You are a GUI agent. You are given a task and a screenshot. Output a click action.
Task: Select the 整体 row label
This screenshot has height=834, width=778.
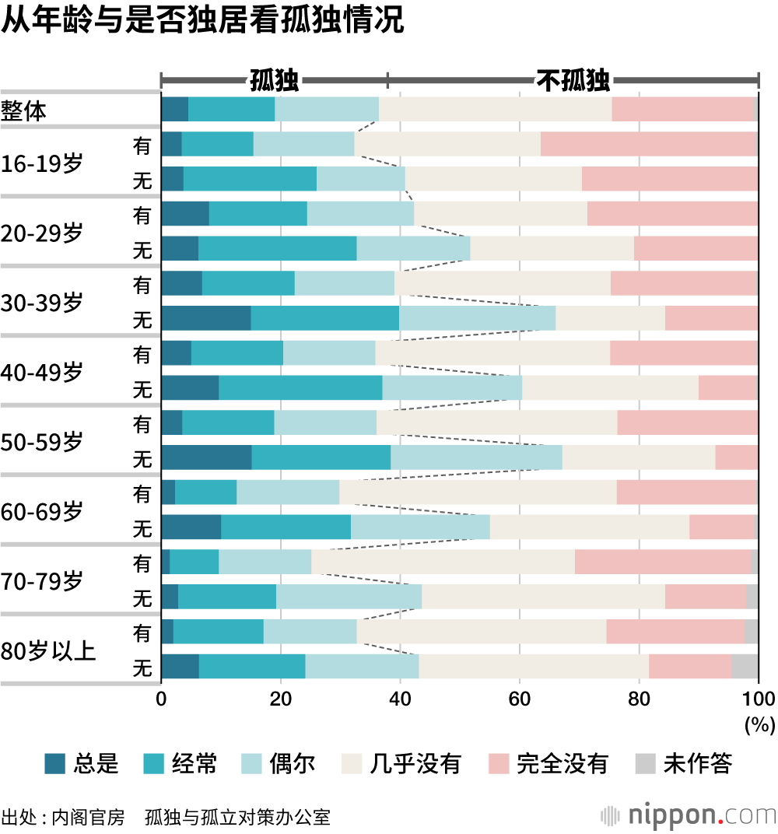24,111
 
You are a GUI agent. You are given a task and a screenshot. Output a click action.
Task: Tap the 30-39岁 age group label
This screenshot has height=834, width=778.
42,303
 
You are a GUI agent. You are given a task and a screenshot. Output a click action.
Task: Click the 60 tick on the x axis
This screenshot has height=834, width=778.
519,697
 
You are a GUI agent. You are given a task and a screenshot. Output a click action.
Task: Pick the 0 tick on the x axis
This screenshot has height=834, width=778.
161,697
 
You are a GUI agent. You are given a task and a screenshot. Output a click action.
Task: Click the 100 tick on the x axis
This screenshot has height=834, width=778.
759,697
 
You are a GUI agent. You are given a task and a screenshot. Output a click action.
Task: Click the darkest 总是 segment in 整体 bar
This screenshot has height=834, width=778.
174,110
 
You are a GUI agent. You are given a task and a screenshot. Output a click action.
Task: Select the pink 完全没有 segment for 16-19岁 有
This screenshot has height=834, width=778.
649,144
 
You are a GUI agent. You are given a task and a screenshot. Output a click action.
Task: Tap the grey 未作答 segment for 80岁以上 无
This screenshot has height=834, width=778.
745,668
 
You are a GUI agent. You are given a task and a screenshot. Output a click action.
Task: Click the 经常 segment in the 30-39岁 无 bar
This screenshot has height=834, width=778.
324,318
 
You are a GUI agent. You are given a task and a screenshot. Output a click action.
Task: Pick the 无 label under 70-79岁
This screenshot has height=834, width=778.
142,598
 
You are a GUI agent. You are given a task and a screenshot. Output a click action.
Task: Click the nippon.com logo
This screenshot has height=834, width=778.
688,815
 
